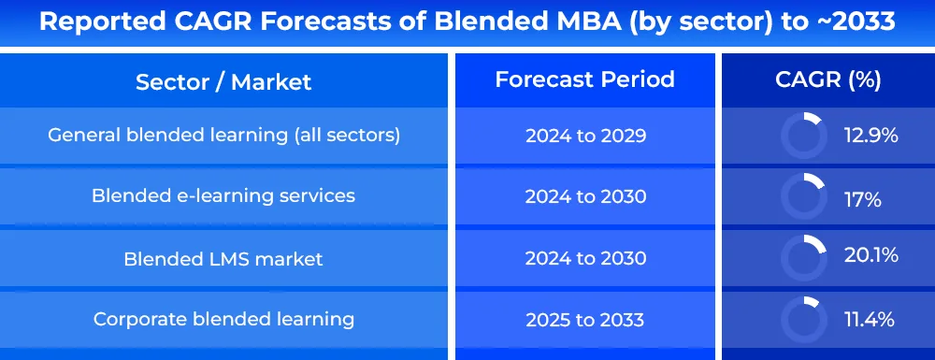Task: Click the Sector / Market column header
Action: coord(223,81)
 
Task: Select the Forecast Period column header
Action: coord(585,79)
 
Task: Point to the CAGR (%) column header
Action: coord(828,79)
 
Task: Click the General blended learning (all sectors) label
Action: coord(223,136)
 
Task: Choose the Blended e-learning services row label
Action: coord(223,195)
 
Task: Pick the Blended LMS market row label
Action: coord(223,259)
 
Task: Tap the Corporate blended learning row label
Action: coord(223,320)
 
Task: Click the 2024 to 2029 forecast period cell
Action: coord(585,136)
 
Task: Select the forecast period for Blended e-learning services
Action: coord(585,196)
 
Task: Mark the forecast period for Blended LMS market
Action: coord(585,258)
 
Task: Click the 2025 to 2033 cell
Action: coord(585,320)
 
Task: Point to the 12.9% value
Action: coord(871,136)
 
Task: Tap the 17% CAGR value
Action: coord(863,200)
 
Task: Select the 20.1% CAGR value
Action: coord(871,255)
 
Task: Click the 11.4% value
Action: coord(870,320)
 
